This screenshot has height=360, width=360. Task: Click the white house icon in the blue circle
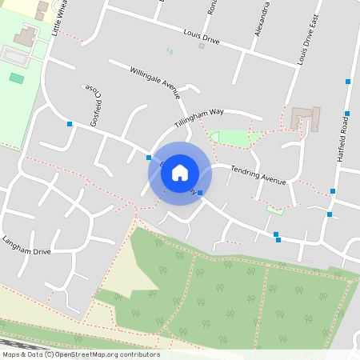coord(180,173)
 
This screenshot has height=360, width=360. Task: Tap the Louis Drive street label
coord(201,36)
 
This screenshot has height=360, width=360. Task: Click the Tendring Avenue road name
coord(258,175)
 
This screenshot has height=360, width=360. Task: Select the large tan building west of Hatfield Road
coord(304,118)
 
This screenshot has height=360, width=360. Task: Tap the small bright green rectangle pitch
coord(16,78)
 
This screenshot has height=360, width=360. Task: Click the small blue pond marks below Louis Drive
coord(169,51)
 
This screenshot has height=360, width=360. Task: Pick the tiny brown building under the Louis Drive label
coord(202,46)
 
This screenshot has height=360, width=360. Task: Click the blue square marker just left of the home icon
coord(149,157)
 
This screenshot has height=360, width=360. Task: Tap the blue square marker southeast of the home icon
coord(200,193)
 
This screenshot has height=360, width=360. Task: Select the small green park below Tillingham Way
coord(233,138)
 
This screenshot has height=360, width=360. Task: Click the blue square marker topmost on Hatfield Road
coord(347,81)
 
